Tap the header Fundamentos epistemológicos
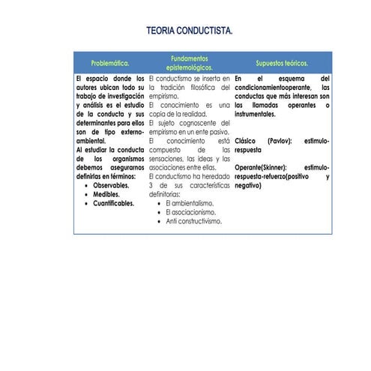(x=189, y=63)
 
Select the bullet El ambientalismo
(x=190, y=203)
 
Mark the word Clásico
(x=247, y=140)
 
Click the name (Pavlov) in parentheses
(x=280, y=140)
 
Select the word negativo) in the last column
(x=247, y=185)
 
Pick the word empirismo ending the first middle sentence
(x=163, y=96)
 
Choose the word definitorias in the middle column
(x=166, y=194)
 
